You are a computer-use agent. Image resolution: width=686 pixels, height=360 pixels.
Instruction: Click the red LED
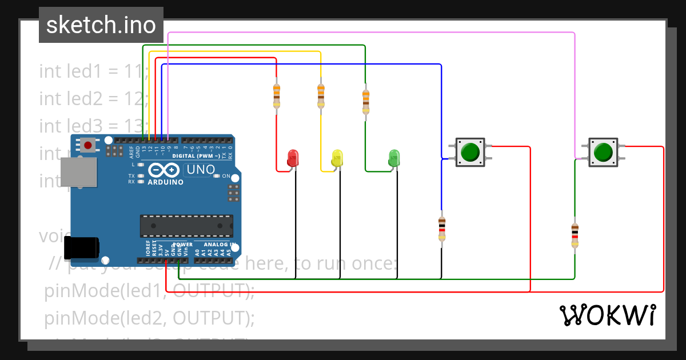click(x=293, y=158)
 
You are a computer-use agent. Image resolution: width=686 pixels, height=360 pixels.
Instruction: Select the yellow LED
click(x=337, y=158)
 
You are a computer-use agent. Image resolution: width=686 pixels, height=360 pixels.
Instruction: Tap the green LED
click(x=394, y=158)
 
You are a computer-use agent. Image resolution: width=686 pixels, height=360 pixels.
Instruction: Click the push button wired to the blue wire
click(x=470, y=152)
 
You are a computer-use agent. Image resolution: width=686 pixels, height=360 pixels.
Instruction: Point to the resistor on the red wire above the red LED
click(x=277, y=95)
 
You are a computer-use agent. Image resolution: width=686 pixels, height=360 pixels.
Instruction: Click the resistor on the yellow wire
click(x=321, y=95)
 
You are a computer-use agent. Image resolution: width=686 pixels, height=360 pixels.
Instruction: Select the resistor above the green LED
click(x=365, y=102)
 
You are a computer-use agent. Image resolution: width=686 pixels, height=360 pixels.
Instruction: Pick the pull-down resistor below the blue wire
click(x=441, y=229)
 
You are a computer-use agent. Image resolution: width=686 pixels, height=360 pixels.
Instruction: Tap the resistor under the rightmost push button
click(x=575, y=235)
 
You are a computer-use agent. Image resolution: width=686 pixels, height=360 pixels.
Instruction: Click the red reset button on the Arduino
click(x=87, y=145)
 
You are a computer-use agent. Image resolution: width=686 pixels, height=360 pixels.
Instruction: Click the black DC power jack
click(x=81, y=247)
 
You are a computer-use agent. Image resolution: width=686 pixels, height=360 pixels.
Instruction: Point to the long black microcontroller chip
click(x=186, y=226)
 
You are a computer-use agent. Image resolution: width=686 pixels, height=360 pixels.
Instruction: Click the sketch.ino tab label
click(x=101, y=25)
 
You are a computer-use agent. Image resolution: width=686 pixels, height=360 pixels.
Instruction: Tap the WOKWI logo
click(x=607, y=315)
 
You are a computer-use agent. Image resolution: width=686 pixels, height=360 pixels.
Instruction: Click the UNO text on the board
click(x=200, y=169)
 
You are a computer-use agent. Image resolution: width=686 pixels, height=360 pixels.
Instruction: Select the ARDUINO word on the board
click(x=166, y=182)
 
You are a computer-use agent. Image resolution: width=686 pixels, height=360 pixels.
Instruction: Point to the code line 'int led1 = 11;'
click(x=94, y=72)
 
